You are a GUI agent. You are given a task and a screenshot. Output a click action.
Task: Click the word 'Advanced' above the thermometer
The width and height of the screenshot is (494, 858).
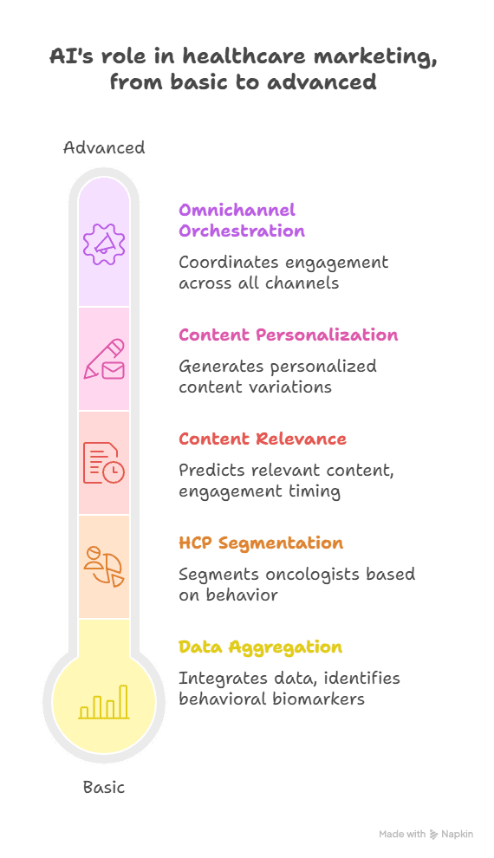coord(104,147)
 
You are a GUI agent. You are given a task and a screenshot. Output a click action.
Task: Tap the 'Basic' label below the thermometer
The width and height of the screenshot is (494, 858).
coord(104,788)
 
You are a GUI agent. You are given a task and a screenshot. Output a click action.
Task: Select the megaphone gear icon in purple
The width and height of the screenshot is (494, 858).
coord(104,244)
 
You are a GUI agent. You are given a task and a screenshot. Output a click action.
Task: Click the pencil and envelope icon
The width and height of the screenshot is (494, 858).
coord(104,359)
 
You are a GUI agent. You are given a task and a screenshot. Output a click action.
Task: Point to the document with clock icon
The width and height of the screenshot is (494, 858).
coord(104,463)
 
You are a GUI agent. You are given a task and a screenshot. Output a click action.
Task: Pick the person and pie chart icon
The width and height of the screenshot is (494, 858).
coord(104,566)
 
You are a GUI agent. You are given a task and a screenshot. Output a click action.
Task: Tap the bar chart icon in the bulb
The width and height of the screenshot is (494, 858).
coord(104,701)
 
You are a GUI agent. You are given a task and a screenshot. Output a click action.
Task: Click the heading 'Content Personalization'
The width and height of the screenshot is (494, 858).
coord(289,335)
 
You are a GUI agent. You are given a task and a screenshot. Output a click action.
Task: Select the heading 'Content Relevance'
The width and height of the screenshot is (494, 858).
coord(263,439)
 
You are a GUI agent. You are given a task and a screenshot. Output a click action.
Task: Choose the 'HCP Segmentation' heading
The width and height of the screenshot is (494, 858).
coord(261,543)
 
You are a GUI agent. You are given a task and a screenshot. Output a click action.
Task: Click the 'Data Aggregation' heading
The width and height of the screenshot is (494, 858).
coord(260,647)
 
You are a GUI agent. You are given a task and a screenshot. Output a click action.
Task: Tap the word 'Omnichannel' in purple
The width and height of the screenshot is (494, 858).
coord(237,210)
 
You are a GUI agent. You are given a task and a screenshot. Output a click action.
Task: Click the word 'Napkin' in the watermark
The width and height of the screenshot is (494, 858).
coord(458,834)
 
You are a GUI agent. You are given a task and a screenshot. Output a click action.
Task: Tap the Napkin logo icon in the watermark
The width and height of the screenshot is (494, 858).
coord(434,834)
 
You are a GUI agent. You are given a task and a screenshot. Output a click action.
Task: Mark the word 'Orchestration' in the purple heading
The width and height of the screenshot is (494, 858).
coord(242,231)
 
